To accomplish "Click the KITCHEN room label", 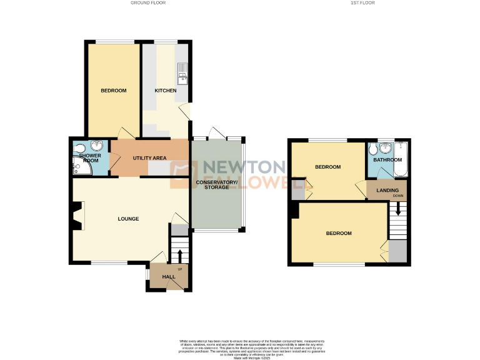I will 166,91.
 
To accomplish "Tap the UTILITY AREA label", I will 150,158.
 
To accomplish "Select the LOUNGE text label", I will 128,219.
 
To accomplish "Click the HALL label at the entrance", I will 169,277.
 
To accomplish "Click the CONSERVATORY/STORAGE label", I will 216,185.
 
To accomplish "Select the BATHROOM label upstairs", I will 387,160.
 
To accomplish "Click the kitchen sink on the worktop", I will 182,74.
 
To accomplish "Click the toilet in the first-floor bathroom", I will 373,150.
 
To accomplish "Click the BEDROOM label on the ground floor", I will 114,91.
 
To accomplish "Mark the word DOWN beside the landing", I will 399,196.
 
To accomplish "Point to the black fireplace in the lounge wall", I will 76,216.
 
